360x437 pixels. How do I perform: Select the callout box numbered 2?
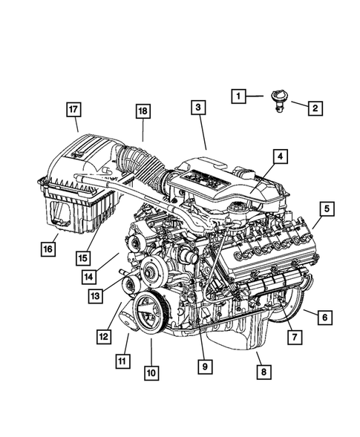click(x=315, y=108)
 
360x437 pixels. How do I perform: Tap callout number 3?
click(x=197, y=108)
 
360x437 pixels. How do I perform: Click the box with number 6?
click(x=324, y=318)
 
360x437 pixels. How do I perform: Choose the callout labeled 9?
click(x=202, y=365)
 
